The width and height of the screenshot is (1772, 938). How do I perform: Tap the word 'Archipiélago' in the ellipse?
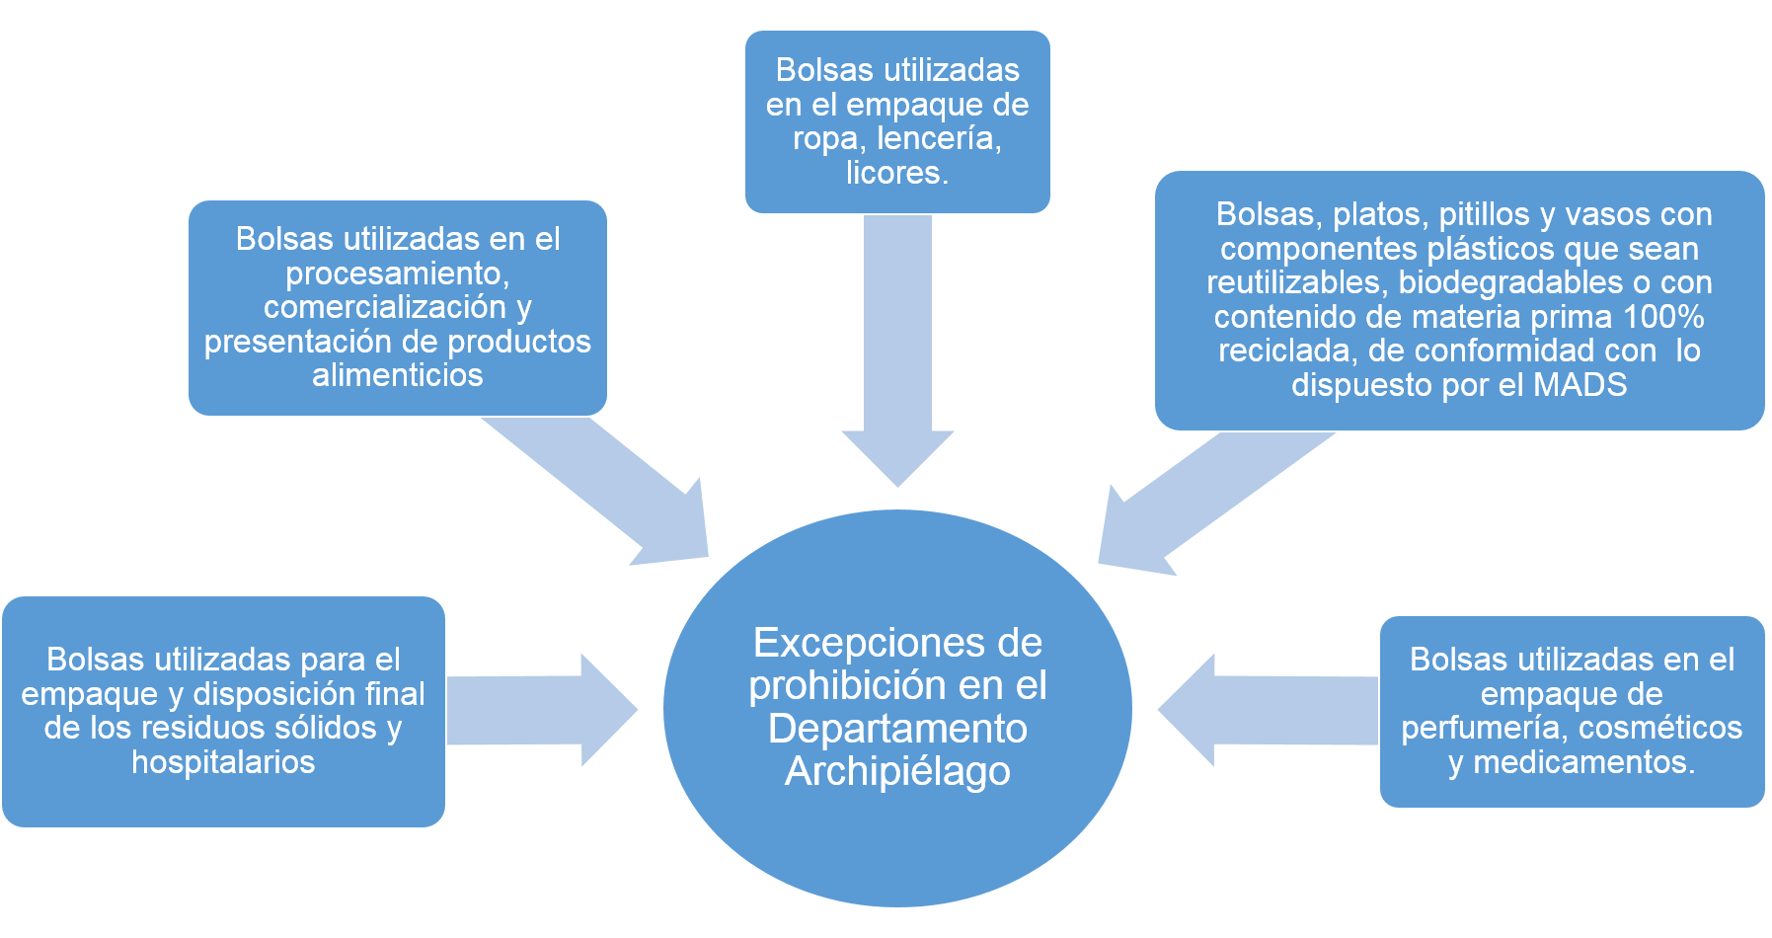897,772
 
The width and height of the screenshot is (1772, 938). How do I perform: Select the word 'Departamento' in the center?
897,730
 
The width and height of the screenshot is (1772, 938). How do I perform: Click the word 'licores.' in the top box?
897,173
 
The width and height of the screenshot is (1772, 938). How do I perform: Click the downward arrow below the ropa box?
897,351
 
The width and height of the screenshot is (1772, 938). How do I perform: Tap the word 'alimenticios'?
398,375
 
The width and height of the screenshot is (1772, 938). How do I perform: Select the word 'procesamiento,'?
398,274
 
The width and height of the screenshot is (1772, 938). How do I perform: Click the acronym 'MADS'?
1579,384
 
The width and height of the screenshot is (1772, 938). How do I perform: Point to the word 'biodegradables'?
1511,282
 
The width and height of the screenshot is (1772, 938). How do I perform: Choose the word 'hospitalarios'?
223,762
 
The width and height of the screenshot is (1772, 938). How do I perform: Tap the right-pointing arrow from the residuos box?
542,710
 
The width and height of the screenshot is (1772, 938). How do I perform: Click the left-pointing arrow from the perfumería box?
1269,710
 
